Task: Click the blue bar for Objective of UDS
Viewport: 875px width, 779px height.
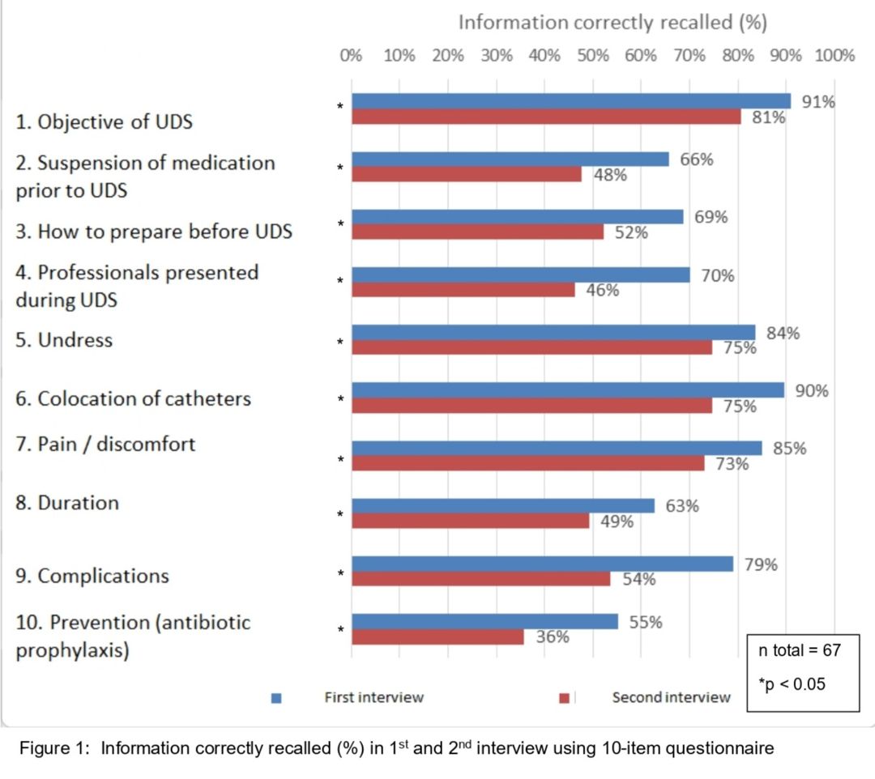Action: tap(570, 101)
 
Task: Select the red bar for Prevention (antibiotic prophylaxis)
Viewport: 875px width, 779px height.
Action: tap(437, 637)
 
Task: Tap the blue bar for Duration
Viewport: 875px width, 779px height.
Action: tap(502, 506)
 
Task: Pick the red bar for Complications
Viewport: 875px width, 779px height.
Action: tap(480, 579)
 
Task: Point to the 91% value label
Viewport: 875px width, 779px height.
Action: tap(817, 101)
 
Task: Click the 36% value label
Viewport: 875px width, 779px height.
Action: tap(553, 637)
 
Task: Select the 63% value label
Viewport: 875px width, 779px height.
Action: tap(681, 506)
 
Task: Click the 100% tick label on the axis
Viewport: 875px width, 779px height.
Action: tap(834, 55)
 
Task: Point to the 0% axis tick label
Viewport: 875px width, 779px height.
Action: tap(351, 55)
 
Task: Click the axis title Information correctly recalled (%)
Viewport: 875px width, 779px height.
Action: tap(612, 22)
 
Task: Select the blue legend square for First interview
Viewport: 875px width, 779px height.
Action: tap(276, 698)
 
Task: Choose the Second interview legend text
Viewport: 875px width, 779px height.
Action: tap(671, 697)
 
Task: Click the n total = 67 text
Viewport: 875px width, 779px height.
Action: tap(800, 649)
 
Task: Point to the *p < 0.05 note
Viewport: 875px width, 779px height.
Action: tap(792, 684)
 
